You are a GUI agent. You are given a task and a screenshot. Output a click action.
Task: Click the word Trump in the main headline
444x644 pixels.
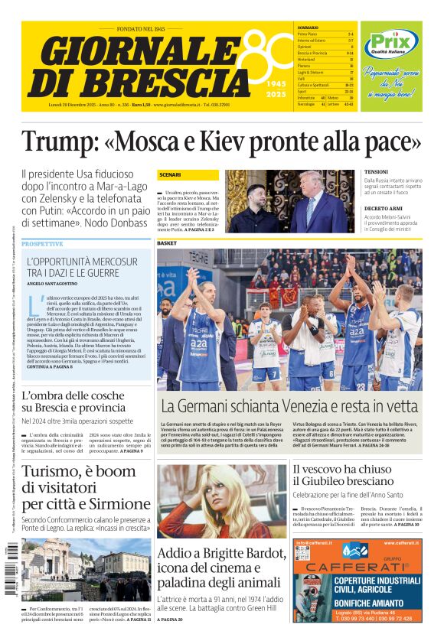pos(57,142)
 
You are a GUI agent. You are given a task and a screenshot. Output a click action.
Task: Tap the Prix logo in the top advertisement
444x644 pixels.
pos(390,44)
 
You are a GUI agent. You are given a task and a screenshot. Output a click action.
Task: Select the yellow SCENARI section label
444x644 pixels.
pos(170,175)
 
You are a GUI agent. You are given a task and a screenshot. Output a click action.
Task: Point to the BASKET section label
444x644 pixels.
pos(167,243)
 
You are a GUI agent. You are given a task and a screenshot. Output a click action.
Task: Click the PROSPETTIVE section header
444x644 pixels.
pos(43,244)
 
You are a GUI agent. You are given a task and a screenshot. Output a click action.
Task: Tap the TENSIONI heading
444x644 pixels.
pos(377,171)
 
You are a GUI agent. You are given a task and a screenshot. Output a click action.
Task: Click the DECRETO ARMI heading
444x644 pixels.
pos(384,208)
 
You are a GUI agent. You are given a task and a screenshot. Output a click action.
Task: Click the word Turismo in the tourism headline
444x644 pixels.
pos(56,472)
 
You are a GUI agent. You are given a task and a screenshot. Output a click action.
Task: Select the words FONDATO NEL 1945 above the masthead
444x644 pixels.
pos(141,28)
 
